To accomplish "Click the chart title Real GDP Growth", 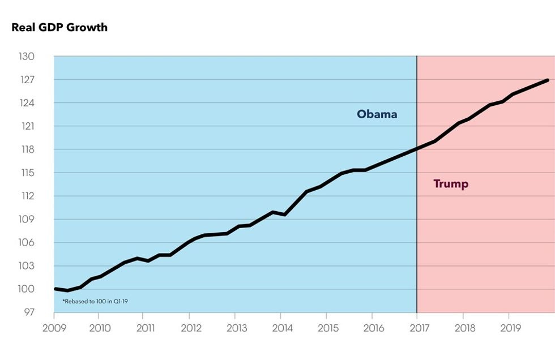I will [x=59, y=27].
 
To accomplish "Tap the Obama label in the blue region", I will [x=377, y=114].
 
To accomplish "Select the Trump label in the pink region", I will [x=451, y=184].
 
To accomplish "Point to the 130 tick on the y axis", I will [x=27, y=57].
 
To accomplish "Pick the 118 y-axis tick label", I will [x=27, y=149].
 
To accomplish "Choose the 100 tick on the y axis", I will [x=27, y=289].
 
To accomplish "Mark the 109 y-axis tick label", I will [x=27, y=220].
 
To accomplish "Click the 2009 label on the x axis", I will [x=54, y=328].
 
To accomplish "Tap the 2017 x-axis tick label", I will [x=417, y=328].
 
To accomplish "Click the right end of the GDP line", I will [x=548, y=80].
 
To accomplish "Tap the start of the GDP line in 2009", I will [x=55, y=289].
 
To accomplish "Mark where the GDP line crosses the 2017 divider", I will [x=417, y=149].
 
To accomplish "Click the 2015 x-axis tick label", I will [x=326, y=328].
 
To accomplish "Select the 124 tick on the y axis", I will [x=27, y=103].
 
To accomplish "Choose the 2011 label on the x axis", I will [x=145, y=328].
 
